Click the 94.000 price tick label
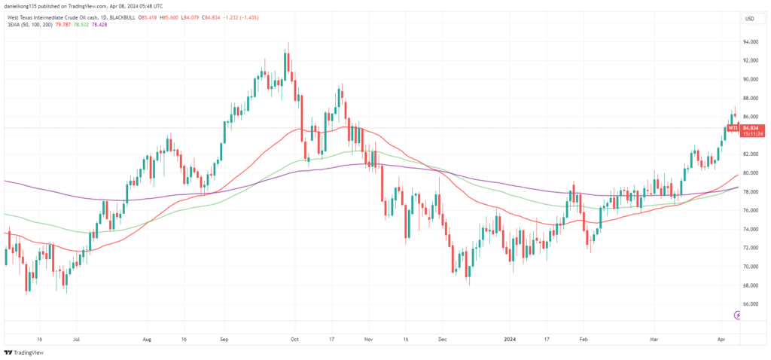749,42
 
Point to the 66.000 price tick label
749,304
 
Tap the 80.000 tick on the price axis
749,173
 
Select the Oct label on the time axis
295,340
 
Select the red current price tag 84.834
753,128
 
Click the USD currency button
749,18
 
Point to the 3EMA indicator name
13,25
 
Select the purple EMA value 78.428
105,25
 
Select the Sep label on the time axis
223,340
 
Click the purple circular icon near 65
738,314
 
